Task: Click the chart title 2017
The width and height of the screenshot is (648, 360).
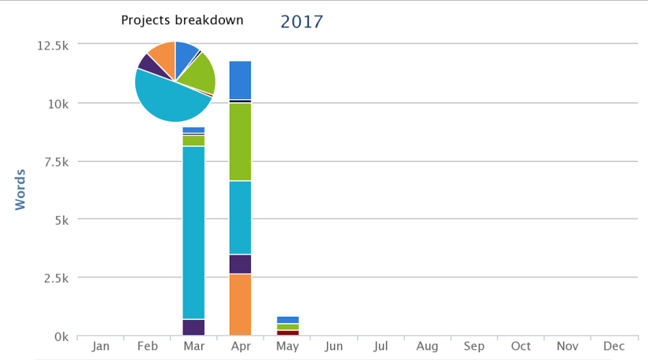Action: (x=301, y=22)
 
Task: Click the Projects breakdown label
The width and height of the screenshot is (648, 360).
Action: (x=182, y=20)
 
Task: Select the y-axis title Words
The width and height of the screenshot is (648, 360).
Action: (x=20, y=189)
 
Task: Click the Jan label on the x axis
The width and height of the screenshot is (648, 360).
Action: (x=101, y=346)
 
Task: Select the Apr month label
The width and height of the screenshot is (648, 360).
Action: (x=240, y=346)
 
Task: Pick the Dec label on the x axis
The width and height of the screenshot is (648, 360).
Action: (x=613, y=346)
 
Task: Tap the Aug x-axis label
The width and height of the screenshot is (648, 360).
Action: (x=427, y=346)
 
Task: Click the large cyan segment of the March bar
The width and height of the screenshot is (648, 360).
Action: (x=193, y=232)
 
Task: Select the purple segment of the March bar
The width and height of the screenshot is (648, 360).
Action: (x=193, y=327)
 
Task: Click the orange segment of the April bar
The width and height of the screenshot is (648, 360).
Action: (x=240, y=305)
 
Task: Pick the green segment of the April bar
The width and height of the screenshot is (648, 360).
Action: (x=240, y=141)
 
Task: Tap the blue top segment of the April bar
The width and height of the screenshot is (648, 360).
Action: (x=240, y=79)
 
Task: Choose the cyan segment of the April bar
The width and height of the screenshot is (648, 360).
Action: (x=240, y=217)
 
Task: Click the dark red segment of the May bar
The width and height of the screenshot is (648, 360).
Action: (x=287, y=332)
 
